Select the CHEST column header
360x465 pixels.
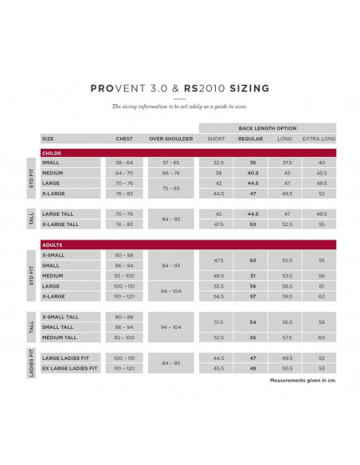(x=123, y=138)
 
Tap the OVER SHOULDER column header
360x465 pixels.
(x=171, y=138)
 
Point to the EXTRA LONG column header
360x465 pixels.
(x=321, y=138)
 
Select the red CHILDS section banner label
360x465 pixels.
(x=53, y=151)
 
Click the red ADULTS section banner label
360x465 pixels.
(x=53, y=244)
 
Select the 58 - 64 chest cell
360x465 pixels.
(x=123, y=162)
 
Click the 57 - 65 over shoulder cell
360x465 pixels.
(x=171, y=162)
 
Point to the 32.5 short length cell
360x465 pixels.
(x=216, y=162)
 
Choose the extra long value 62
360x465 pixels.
(x=321, y=295)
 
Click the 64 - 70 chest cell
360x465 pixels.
(x=123, y=172)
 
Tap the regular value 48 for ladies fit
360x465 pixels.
(x=252, y=369)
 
